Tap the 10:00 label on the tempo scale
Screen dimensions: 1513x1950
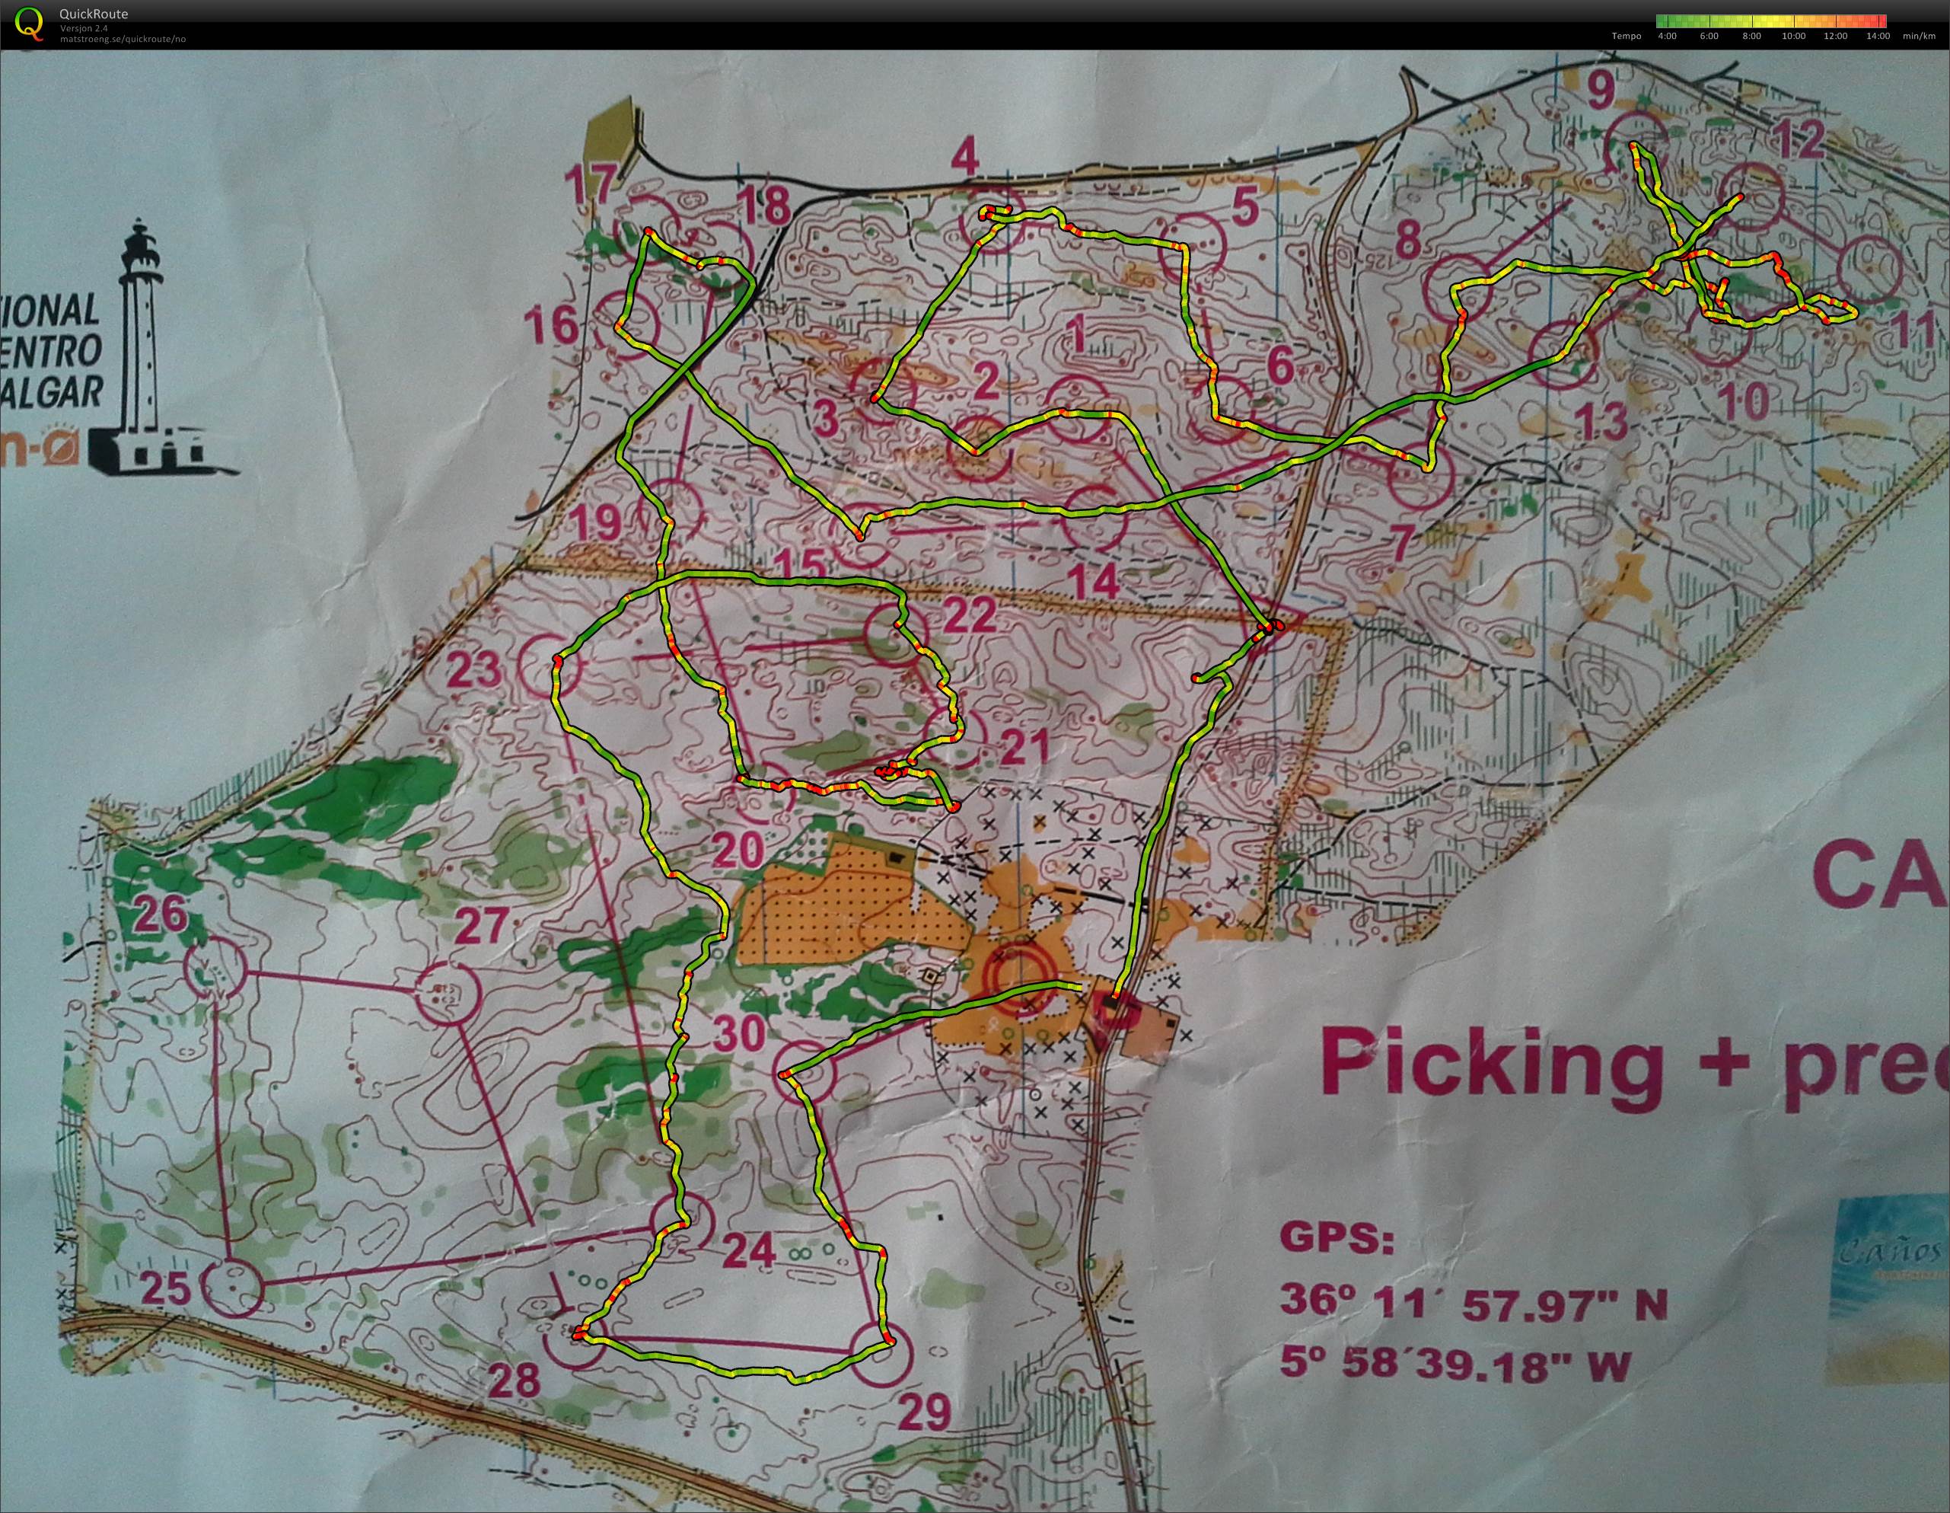coord(1793,37)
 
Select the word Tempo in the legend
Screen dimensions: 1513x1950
coord(1626,37)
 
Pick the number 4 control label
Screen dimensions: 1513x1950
coord(964,161)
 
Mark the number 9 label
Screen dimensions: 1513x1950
coord(1601,89)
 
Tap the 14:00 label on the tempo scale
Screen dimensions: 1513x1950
coord(1878,37)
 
